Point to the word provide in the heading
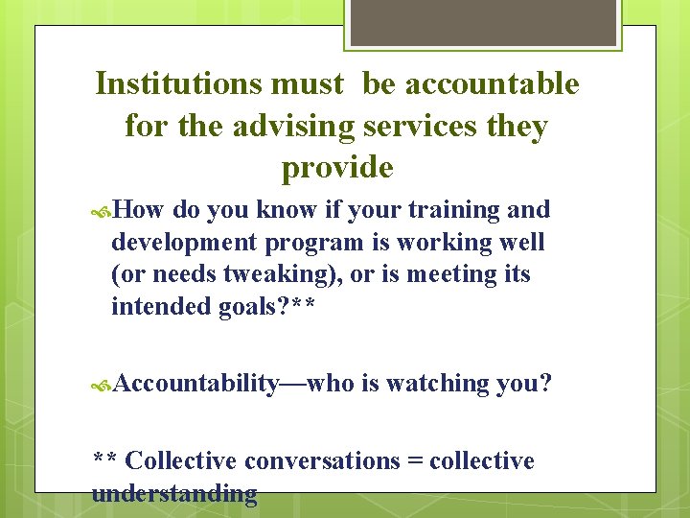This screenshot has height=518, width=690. point(337,168)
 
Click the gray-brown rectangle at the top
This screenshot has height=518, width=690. point(483,21)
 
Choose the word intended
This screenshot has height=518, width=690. point(158,306)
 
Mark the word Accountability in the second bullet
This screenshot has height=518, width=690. point(195,384)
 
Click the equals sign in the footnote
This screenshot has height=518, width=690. point(415,460)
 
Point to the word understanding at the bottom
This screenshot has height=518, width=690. point(174,493)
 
